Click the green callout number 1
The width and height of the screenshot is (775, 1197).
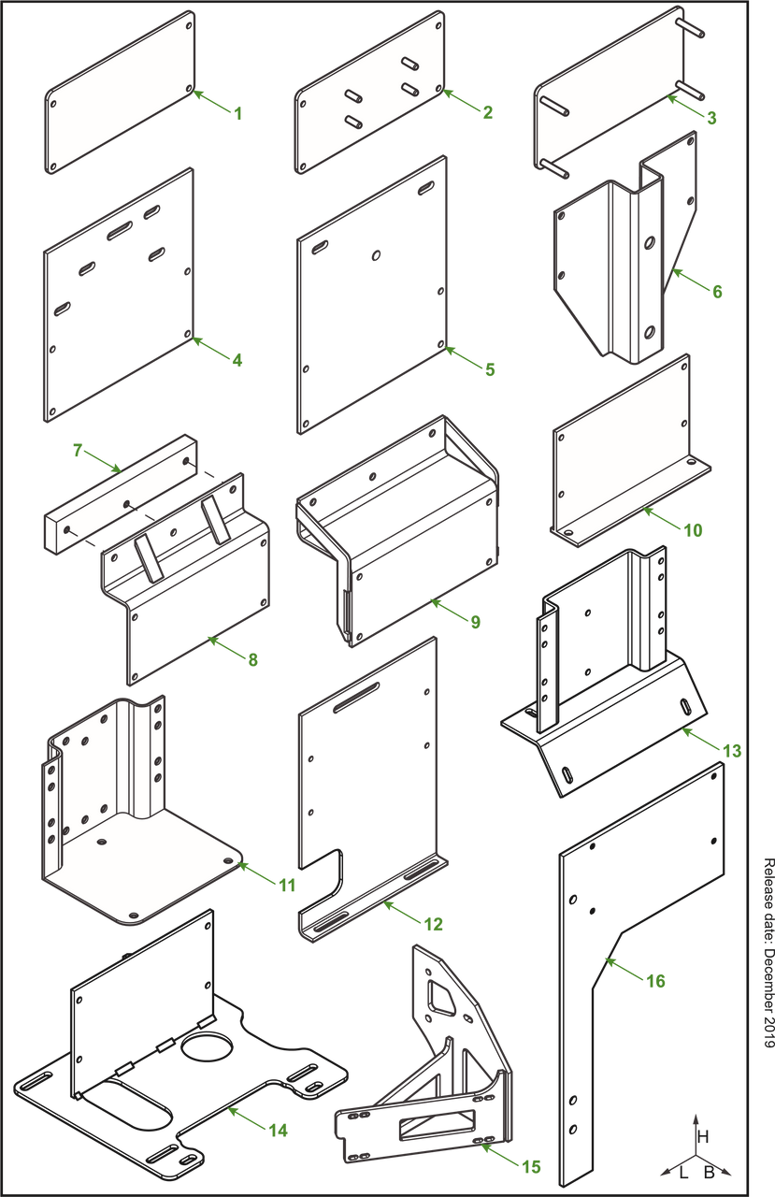click(237, 114)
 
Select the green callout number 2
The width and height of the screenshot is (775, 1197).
click(487, 112)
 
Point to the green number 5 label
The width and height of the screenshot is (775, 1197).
click(489, 368)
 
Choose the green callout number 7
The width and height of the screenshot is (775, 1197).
click(79, 451)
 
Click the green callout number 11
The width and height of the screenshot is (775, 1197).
click(288, 885)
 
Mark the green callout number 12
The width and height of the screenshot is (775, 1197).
click(434, 925)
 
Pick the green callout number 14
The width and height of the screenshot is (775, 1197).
click(278, 1131)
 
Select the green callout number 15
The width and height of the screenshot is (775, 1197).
click(531, 1166)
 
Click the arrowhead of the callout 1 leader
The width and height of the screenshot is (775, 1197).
click(198, 93)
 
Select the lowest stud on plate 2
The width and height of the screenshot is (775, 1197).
click(353, 122)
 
